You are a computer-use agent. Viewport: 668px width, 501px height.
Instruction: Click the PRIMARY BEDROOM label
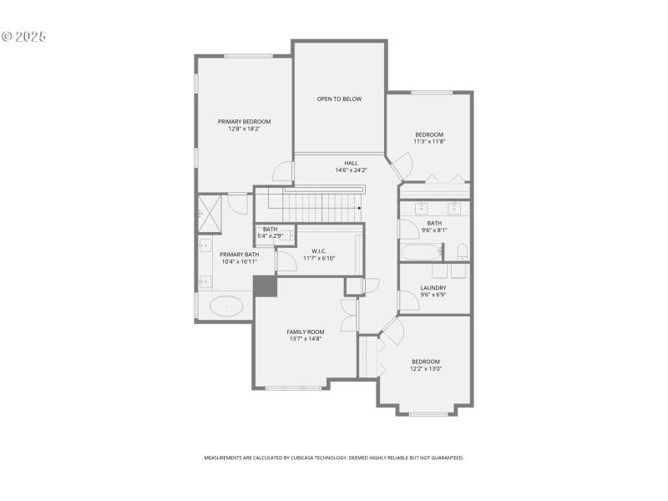click(x=245, y=121)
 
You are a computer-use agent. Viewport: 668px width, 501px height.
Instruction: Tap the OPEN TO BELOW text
click(x=339, y=99)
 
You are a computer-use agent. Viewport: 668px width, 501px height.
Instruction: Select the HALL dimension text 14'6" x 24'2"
click(x=351, y=170)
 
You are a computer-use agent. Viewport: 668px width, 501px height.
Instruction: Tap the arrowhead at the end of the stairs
click(x=359, y=209)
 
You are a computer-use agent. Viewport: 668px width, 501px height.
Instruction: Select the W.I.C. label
click(x=318, y=250)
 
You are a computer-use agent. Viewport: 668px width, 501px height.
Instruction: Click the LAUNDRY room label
click(x=433, y=287)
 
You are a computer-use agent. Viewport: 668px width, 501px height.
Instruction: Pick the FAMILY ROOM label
click(x=305, y=331)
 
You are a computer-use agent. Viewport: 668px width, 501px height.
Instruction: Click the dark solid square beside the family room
click(x=265, y=286)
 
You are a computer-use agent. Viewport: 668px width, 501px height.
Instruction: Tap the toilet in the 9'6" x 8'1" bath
click(x=462, y=251)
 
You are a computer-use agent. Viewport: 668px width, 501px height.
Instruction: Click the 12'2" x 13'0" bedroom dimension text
click(x=426, y=368)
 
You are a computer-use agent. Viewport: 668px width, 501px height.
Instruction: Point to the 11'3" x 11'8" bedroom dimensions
click(x=429, y=141)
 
